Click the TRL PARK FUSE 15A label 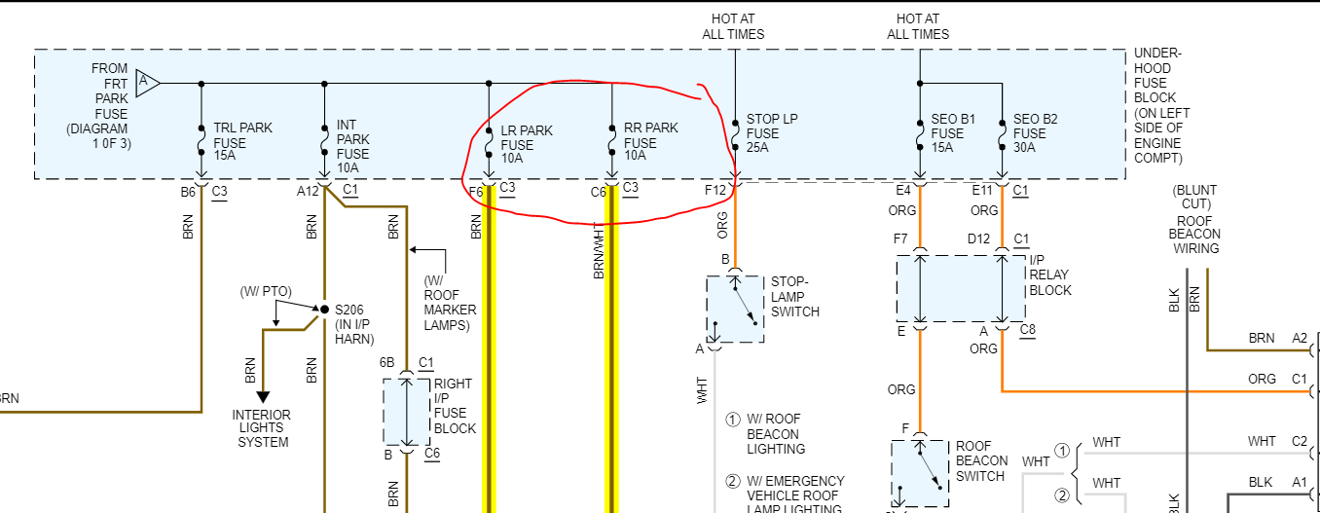(x=242, y=142)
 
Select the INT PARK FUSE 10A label (x=353, y=146)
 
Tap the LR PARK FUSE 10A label (x=527, y=143)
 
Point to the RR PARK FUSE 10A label (x=651, y=142)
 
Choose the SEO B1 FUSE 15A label (x=947, y=133)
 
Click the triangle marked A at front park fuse (x=147, y=83)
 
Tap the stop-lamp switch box (x=735, y=309)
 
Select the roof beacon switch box (x=919, y=473)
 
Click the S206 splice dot (x=324, y=309)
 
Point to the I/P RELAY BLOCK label (x=1050, y=275)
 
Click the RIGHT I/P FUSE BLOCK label (x=455, y=406)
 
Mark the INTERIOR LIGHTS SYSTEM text (x=261, y=428)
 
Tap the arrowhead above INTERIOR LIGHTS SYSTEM (x=261, y=395)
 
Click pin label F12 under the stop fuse (x=715, y=190)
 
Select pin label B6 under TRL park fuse (x=188, y=191)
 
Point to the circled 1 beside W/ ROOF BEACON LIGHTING (x=733, y=420)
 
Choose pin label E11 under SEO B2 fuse (x=980, y=190)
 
